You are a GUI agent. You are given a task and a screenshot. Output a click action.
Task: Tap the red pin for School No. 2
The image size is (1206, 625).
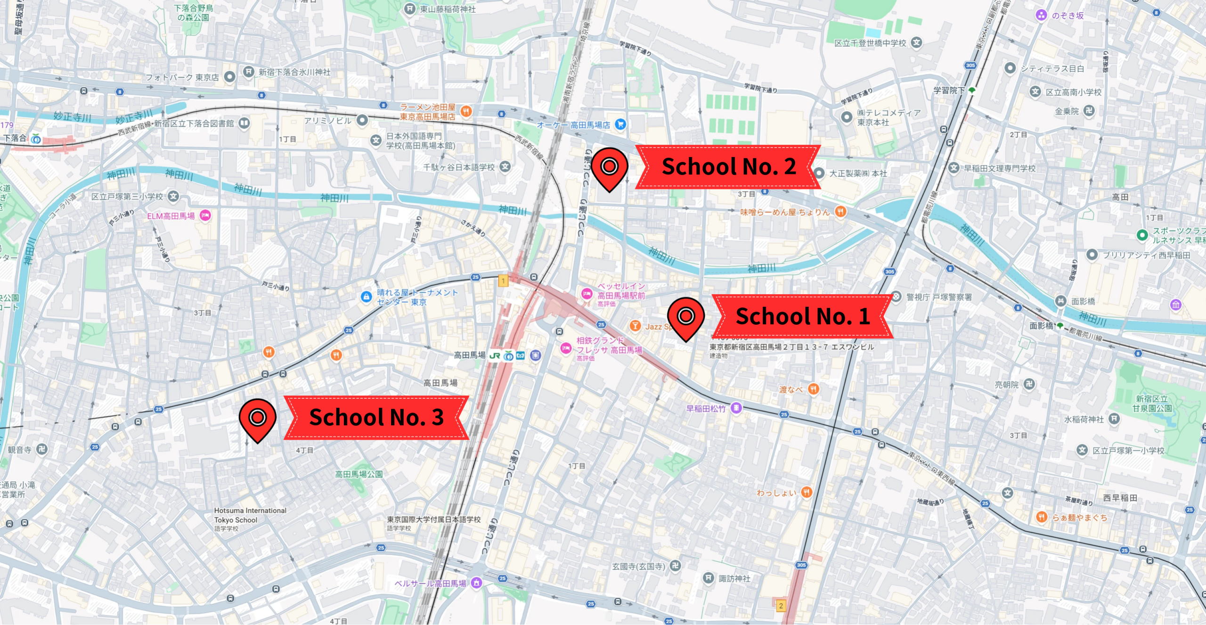pos(610,167)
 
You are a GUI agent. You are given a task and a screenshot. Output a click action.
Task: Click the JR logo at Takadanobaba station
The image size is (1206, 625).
pos(494,356)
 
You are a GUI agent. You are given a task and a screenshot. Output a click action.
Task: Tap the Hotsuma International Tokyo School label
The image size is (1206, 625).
pos(250,515)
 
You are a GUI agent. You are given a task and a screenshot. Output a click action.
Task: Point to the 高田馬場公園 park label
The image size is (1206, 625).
pos(359,474)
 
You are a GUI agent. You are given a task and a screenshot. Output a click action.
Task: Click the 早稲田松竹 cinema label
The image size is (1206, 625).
pos(706,409)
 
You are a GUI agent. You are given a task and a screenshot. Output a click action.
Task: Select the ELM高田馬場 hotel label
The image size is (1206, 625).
pos(171,216)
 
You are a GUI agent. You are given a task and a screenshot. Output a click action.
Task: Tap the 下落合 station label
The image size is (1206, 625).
pos(15,138)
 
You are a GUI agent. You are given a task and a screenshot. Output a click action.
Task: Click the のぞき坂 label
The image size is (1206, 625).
pos(1067,16)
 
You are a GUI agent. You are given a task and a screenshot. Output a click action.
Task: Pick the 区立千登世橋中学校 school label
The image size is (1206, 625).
pos(870,43)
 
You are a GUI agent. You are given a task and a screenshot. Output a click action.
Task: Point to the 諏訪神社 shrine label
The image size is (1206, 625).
pos(734,578)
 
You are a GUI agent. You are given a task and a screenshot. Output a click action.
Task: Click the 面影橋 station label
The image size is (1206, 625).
pos(1041,326)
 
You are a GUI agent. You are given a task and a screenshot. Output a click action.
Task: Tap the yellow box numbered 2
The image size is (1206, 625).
pos(781,606)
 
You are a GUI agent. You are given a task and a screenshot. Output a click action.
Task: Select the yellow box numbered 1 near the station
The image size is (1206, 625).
pos(503,281)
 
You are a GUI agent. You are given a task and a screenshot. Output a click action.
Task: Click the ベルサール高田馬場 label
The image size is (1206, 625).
pos(430,584)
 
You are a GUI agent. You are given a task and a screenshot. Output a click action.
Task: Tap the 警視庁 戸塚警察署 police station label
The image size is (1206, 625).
pos(938,297)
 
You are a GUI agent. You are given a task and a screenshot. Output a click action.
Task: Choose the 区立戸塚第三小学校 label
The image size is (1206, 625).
pos(127,197)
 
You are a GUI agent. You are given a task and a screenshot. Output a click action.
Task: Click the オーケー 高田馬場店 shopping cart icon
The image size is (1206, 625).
pos(620,124)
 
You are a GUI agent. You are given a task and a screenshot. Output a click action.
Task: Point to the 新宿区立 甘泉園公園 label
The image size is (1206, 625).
pos(1152,403)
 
